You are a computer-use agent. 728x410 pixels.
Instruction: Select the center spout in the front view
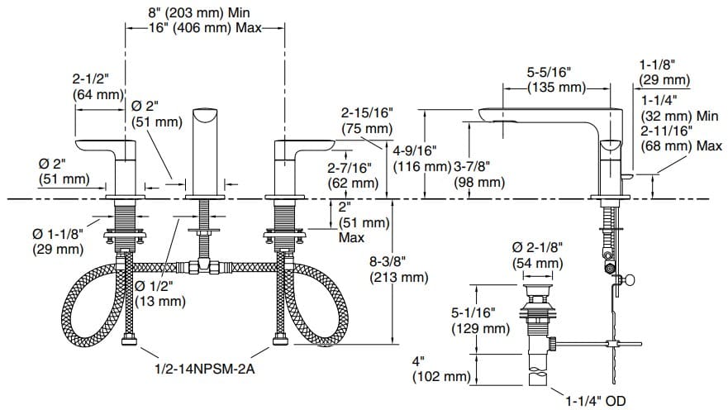203,149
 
